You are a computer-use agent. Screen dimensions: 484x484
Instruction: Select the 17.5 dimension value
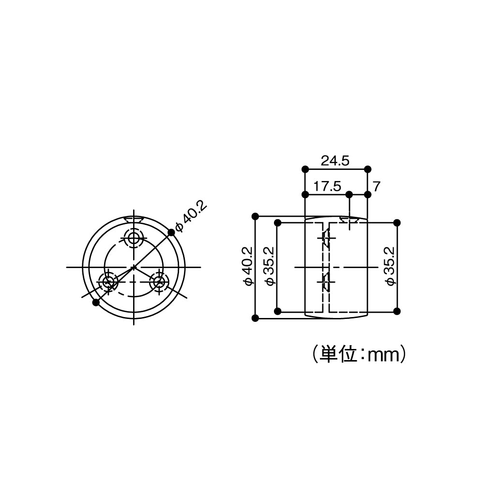coord(327,186)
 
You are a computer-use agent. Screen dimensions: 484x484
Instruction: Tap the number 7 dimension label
coord(377,186)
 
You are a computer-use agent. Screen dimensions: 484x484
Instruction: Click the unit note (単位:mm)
coord(359,355)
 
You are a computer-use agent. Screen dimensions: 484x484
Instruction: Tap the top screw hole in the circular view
coord(134,238)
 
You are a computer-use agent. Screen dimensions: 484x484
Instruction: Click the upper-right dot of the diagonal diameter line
coord(171,233)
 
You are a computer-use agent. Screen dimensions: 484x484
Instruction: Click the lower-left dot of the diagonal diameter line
coord(96,302)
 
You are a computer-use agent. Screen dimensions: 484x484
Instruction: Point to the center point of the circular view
coord(134,267)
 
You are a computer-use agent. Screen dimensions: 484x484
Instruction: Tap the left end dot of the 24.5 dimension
coord(305,169)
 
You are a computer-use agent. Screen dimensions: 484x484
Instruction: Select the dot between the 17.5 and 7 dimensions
coord(348,195)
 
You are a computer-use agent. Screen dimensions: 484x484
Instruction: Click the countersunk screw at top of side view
coord(348,221)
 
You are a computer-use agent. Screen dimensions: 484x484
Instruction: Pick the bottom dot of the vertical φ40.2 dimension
coord(256,318)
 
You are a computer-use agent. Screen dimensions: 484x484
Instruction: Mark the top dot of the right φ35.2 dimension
coord(397,223)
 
